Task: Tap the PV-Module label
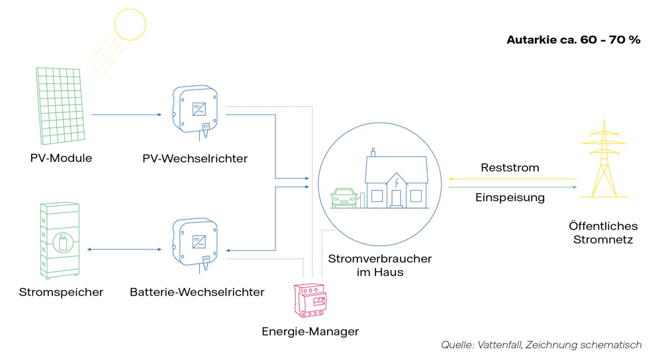click(x=61, y=158)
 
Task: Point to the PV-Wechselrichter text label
click(x=195, y=159)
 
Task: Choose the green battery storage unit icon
click(x=61, y=240)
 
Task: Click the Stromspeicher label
click(x=61, y=292)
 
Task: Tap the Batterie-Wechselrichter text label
click(x=197, y=292)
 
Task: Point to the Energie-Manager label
click(x=310, y=331)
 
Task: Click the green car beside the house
click(x=345, y=197)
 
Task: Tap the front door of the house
click(x=396, y=197)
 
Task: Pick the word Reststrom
click(x=510, y=167)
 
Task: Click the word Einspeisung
click(x=510, y=197)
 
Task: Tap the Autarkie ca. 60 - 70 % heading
click(x=573, y=40)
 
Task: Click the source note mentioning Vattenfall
click(x=541, y=345)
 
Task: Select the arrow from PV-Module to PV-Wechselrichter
click(x=126, y=115)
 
